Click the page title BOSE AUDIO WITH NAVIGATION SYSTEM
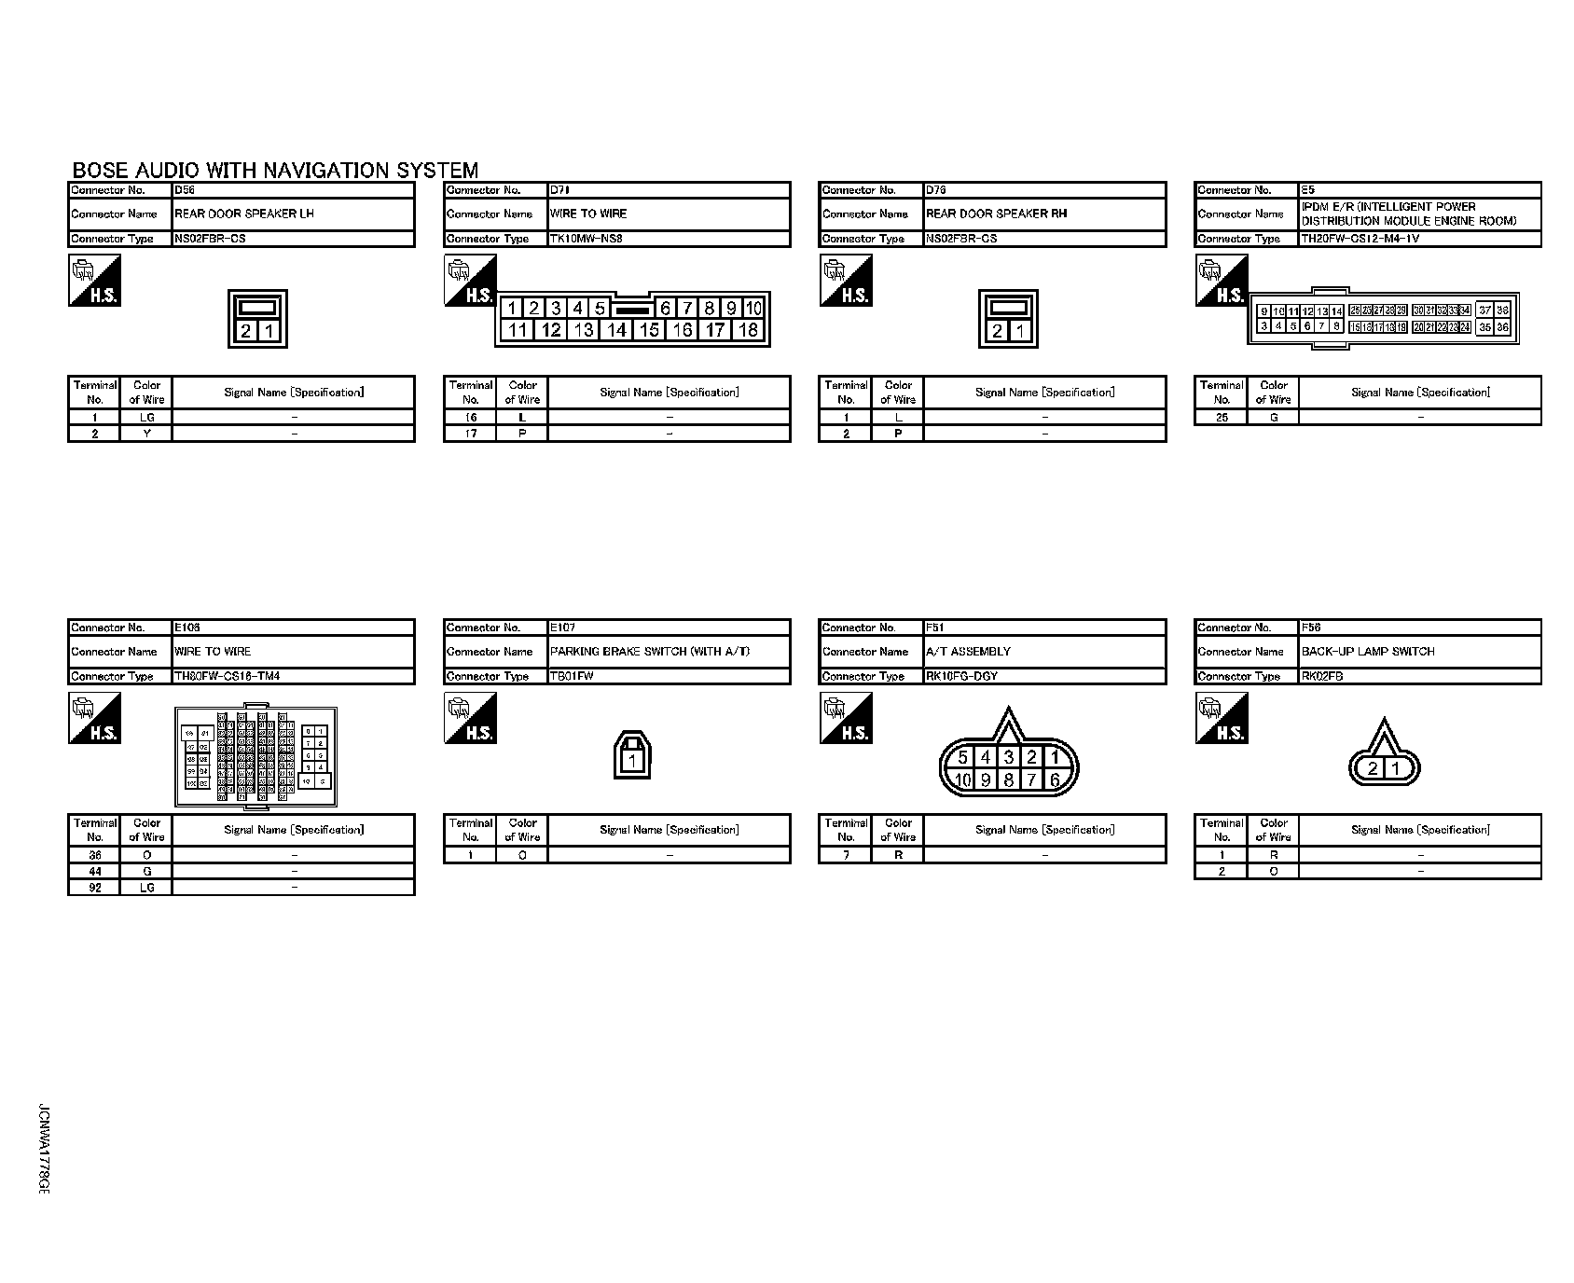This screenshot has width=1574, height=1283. point(275,171)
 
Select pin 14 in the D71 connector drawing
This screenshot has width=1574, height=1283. point(616,329)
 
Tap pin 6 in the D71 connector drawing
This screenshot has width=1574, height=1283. point(666,308)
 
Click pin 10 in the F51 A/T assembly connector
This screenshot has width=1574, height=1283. point(963,779)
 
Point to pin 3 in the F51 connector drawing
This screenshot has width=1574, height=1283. point(1008,758)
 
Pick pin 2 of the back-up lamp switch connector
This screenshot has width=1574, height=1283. point(1373,768)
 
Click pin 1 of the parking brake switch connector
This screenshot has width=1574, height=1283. point(632,760)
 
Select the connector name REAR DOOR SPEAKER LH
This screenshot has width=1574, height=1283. point(244,214)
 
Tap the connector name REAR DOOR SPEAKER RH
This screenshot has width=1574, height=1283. point(996,214)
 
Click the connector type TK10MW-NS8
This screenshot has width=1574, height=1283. point(587,239)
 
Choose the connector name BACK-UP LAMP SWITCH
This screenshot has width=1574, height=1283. point(1368,652)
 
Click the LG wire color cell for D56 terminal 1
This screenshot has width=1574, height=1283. point(147,418)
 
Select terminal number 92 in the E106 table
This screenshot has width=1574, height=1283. point(95,888)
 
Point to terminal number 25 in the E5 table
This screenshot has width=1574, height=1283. point(1222,418)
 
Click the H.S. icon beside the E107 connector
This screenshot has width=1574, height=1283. point(471,719)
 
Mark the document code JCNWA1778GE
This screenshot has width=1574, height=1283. point(43,1151)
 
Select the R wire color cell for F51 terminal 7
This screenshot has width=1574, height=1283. point(898,855)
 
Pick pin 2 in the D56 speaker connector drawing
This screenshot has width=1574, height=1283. point(247,331)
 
